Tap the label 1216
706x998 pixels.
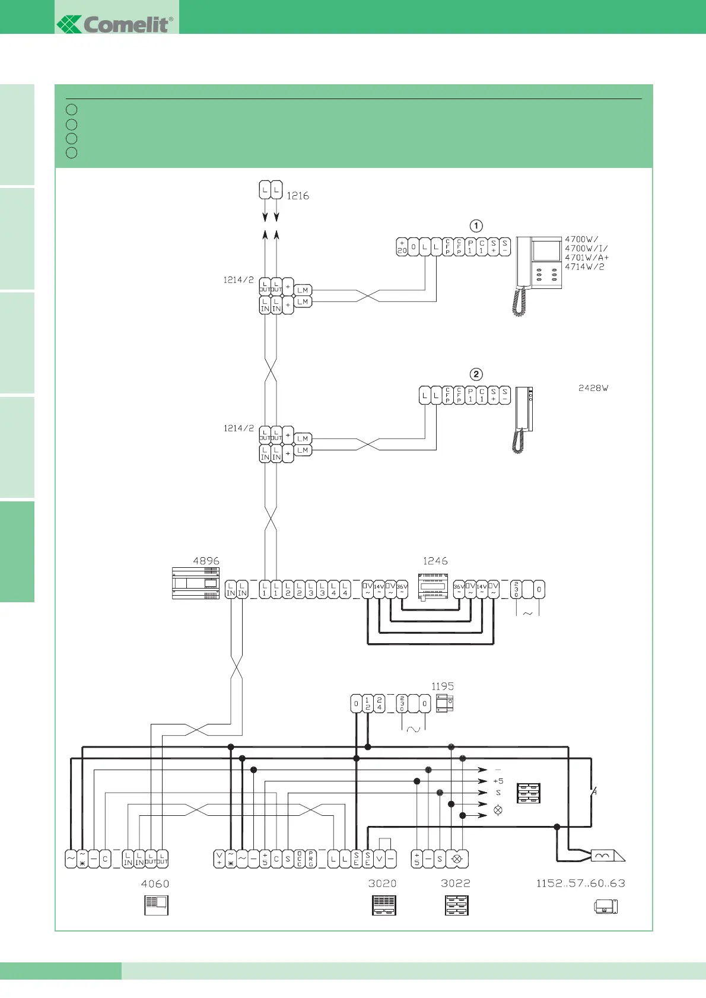tap(298, 196)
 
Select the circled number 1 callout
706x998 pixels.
tap(476, 226)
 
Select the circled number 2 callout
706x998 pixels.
tap(476, 374)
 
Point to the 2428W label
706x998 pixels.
tap(593, 388)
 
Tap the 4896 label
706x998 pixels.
tap(206, 561)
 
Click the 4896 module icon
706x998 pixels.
tap(196, 583)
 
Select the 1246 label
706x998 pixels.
tap(435, 561)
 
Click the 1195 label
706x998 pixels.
tap(443, 686)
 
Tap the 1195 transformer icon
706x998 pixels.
tap(444, 704)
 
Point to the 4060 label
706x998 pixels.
tap(155, 883)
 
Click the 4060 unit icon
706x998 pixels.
tap(156, 905)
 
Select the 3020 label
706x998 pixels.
tap(382, 883)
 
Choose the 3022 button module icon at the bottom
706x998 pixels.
tap(456, 905)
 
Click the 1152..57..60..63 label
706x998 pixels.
tap(580, 883)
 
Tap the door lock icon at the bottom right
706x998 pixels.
tap(606, 907)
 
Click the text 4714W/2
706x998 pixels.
tap(584, 267)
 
